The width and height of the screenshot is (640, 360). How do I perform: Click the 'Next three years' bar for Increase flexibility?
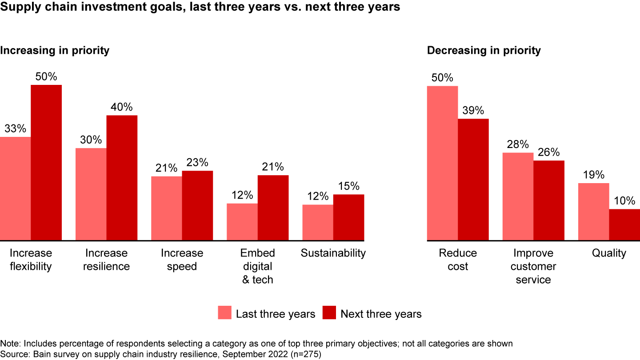tap(46, 163)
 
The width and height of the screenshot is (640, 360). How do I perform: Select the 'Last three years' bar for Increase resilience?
tap(91, 194)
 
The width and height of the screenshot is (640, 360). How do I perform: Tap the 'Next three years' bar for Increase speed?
tap(197, 205)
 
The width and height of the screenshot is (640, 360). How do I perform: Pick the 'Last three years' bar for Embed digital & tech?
tap(242, 222)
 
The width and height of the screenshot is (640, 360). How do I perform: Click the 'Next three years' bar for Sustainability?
tap(348, 217)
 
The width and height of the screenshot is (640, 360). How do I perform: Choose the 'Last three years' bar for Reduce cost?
tap(442, 163)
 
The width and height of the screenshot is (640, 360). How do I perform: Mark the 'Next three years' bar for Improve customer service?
tap(549, 200)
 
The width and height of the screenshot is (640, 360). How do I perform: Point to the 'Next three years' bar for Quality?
tap(624, 225)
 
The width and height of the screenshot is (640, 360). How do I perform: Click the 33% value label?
tap(16, 129)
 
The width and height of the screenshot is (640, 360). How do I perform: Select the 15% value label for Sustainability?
tap(348, 186)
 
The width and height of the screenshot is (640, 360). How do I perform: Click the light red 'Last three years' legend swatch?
tap(225, 312)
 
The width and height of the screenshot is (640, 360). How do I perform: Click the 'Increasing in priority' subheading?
tap(55, 50)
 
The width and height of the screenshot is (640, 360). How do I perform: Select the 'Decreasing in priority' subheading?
tap(484, 50)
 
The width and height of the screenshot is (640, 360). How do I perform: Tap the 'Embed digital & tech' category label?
tap(258, 266)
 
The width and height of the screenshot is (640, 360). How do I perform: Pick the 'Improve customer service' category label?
tap(533, 266)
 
